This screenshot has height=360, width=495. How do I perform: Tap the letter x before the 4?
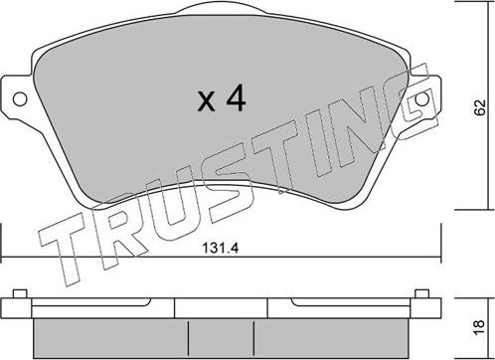pyautogui.click(x=206, y=103)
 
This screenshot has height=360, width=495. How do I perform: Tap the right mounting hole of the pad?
pyautogui.click(x=421, y=101)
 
